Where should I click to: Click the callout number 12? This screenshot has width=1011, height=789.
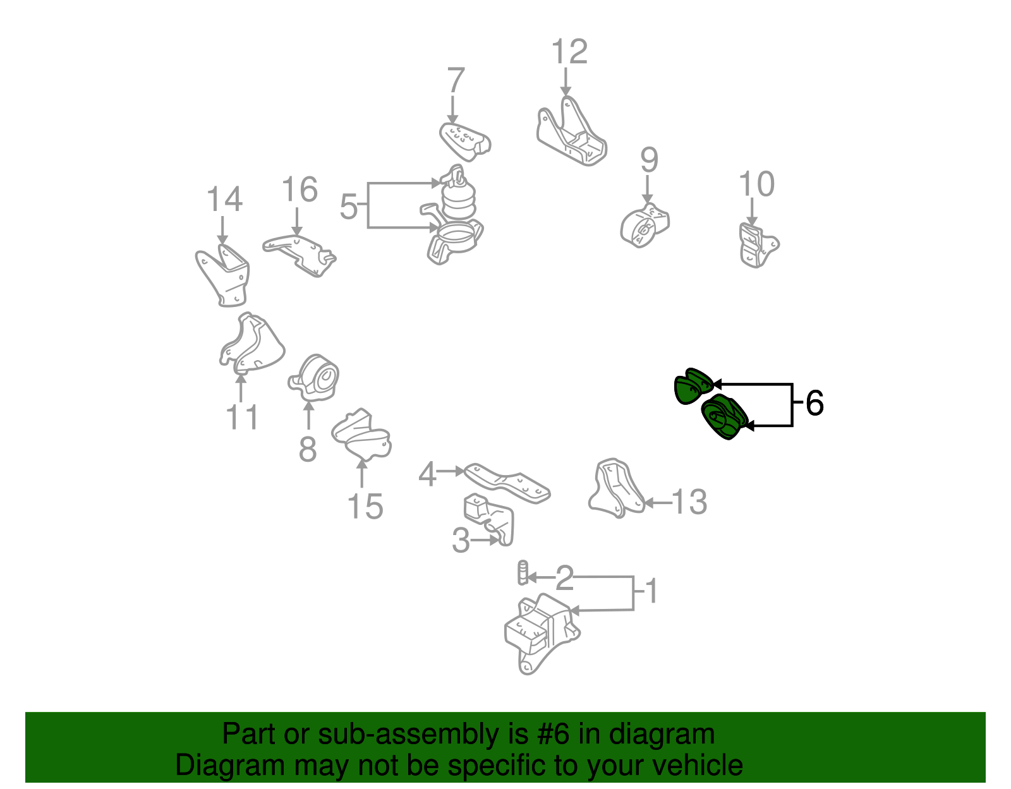(569, 52)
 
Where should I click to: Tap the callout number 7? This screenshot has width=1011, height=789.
(456, 81)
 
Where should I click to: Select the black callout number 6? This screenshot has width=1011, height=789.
(814, 403)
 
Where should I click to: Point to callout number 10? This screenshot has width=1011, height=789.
(756, 184)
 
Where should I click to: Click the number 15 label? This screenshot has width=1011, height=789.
(365, 507)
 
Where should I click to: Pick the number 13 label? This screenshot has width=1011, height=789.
(689, 502)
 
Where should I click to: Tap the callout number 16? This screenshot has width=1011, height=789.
(299, 190)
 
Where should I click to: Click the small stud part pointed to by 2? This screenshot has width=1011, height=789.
(523, 572)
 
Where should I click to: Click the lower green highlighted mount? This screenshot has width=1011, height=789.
(724, 417)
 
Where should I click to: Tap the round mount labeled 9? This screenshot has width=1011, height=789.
(645, 226)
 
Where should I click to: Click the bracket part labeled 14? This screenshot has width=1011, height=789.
(223, 275)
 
